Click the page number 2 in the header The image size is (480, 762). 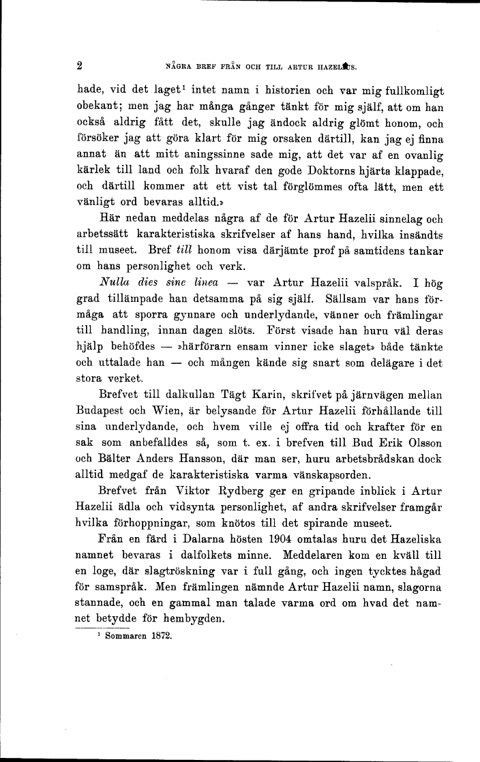(x=80, y=67)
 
